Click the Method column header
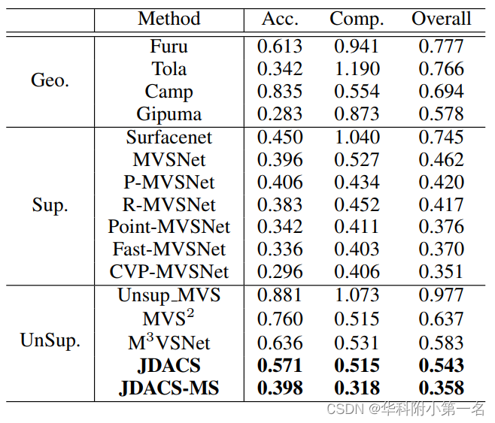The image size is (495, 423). pos(169,19)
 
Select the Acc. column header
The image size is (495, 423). pos(280,19)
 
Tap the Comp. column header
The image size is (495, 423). pos(357,19)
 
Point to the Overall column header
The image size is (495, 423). pos(441,19)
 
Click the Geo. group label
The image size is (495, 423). pos(50,80)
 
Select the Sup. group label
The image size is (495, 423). pos(50,205)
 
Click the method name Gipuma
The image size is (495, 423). pos(169,114)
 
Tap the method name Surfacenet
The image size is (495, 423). pos(169,137)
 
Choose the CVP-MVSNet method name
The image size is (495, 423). pos(169,271)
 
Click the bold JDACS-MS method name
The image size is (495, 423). pos(169,388)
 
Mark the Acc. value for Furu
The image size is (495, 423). pos(280,47)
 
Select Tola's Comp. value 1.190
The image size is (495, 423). pos(357,69)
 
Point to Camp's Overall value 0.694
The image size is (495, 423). pos(441,92)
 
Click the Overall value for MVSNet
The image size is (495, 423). pos(441,160)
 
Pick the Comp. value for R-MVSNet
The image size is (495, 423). pos(357,204)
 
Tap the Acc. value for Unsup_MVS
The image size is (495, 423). pos(280,295)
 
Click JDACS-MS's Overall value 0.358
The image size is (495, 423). pos(441,388)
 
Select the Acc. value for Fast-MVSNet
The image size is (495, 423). pos(280,249)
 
